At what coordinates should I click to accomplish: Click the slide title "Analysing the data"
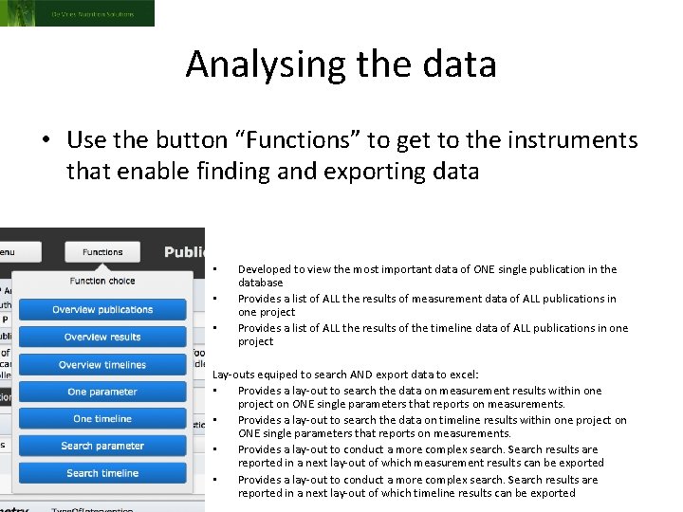coord(341,64)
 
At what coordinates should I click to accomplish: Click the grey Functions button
coord(102,252)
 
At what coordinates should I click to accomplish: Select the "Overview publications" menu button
coord(102,310)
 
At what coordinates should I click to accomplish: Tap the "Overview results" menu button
coord(102,338)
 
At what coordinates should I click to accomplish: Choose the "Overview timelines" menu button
coord(102,365)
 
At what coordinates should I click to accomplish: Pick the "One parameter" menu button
coord(102,393)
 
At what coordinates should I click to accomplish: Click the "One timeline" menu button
coord(102,419)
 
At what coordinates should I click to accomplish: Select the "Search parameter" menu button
coord(102,447)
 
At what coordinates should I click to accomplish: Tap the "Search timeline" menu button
coord(102,473)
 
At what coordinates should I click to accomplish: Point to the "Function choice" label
coord(102,281)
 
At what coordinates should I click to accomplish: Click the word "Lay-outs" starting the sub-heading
coord(233,375)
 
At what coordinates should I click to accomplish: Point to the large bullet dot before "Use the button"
coord(46,141)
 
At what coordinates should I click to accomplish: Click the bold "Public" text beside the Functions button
coord(184,252)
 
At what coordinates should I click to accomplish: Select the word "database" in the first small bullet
coord(261,283)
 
